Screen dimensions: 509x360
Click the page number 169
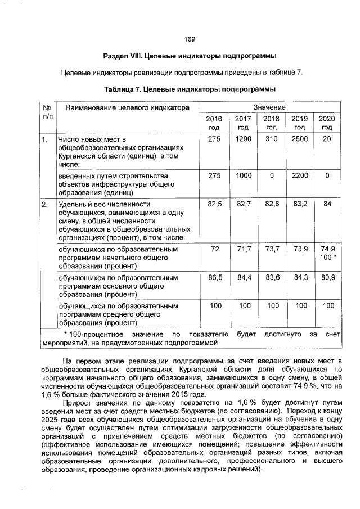click(190, 39)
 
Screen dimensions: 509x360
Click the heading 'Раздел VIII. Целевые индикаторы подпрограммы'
click(190, 57)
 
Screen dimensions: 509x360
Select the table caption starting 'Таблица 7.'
click(190, 89)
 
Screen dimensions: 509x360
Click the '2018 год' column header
click(271, 123)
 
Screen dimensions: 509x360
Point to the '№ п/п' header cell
click(47, 111)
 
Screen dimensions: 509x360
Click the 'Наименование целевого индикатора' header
click(124, 107)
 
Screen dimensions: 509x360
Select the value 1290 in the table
click(243, 139)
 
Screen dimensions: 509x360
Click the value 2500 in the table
click(299, 139)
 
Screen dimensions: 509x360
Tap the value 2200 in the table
click(299, 175)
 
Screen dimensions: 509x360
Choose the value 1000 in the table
click(243, 175)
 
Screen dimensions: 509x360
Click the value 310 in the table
click(271, 139)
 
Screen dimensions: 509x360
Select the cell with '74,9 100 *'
click(327, 253)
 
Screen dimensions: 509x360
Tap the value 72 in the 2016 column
click(214, 249)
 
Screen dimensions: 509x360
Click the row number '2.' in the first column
click(44, 204)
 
